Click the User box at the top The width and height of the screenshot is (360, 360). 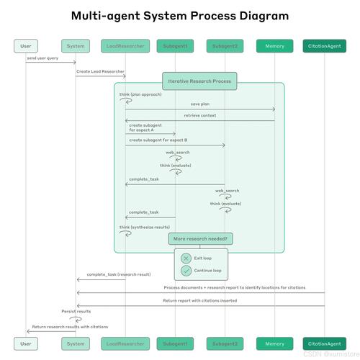26,46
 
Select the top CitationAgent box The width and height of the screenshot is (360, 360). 325,46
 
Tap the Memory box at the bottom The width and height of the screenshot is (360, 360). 274,343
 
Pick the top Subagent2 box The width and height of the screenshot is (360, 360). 225,46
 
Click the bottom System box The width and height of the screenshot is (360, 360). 76,343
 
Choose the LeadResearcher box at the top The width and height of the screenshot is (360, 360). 125,46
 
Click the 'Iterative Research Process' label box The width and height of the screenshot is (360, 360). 199,81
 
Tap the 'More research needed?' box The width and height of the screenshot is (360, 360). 200,239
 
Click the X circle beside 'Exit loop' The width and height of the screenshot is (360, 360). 186,258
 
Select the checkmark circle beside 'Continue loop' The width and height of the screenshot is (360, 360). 186,271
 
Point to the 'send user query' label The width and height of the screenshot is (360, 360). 42,58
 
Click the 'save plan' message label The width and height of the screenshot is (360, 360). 200,104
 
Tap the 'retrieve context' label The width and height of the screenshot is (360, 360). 200,115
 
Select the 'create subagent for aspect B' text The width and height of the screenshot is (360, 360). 158,140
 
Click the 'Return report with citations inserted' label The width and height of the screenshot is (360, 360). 200,300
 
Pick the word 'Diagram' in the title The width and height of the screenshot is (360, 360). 264,16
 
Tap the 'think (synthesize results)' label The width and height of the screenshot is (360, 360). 145,227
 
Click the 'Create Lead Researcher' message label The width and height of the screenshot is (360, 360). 100,71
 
